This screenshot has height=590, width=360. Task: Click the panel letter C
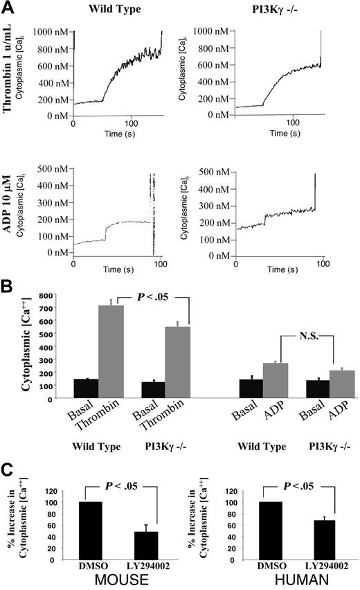coord(10,474)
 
